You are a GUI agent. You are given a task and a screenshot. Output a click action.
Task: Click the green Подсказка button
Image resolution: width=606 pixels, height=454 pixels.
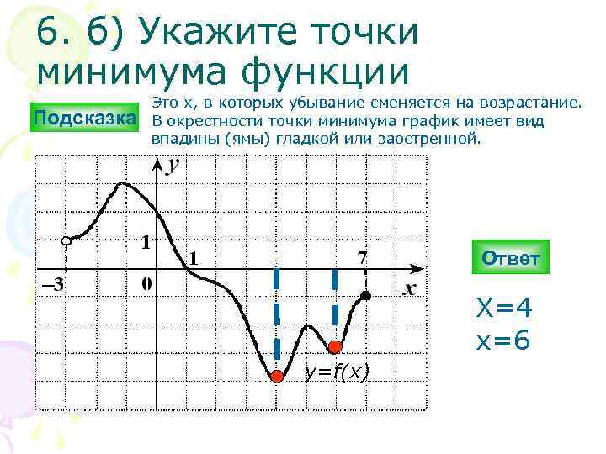(83, 117)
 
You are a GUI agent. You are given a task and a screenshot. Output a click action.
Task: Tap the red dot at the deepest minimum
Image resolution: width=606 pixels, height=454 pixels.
(276, 376)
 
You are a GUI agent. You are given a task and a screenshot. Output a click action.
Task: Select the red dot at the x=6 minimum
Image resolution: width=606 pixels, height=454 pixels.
(334, 346)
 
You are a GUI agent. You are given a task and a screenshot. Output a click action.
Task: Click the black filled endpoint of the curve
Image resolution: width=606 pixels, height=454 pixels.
(365, 296)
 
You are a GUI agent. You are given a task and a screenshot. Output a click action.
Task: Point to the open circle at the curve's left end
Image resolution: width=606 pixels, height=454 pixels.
(66, 241)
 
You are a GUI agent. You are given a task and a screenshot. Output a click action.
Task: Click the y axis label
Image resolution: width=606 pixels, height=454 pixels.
(173, 166)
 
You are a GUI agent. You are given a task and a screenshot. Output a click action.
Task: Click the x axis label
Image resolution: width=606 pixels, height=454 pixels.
(410, 288)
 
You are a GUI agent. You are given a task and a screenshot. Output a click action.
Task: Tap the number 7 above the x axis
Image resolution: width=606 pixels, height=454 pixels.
(363, 256)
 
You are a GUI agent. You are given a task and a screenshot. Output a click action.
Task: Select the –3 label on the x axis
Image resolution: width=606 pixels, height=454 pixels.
(52, 285)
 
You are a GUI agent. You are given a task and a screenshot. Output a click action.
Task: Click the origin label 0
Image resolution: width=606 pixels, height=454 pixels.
(146, 284)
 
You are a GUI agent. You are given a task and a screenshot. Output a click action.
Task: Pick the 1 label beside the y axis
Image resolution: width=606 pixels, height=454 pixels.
(146, 243)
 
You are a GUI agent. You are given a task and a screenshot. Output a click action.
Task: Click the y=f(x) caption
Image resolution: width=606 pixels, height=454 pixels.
(337, 372)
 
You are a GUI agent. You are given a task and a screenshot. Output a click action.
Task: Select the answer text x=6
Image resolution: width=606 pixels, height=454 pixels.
(503, 343)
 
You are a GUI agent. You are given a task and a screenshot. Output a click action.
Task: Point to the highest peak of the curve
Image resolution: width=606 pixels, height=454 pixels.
(125, 182)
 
